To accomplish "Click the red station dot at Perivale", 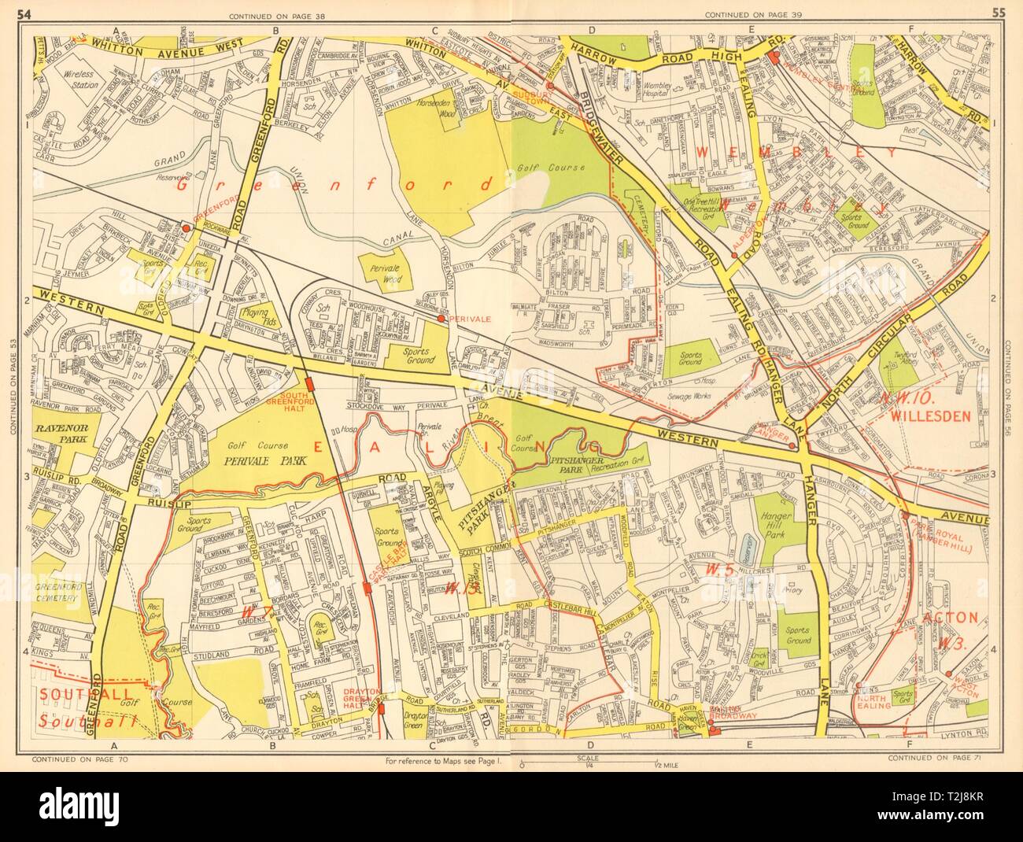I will coord(441,319).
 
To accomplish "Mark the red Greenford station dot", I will coord(185,227).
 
